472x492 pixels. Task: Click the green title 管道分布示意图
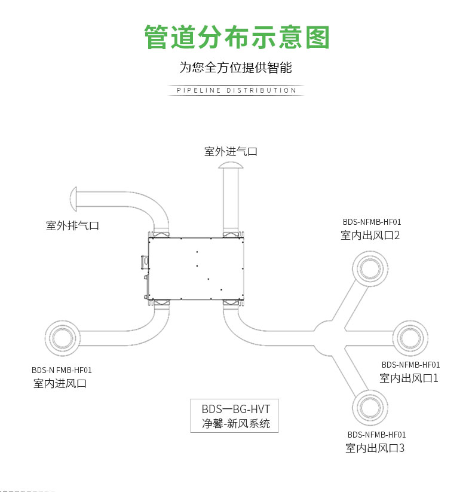[x=237, y=37]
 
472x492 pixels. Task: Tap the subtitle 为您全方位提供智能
[x=236, y=68]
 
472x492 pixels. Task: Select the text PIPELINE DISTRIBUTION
[x=236, y=90]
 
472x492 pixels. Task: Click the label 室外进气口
[x=231, y=152]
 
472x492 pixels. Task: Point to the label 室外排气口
[x=72, y=225]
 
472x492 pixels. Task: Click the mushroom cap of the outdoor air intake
[x=231, y=165]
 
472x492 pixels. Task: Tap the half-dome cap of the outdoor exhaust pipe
[x=73, y=200]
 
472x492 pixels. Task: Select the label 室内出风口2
[x=370, y=235]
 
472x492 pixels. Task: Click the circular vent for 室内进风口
[x=62, y=338]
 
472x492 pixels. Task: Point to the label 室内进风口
[x=60, y=383]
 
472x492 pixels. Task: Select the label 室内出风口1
[x=409, y=378]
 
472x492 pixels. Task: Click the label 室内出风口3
[x=375, y=448]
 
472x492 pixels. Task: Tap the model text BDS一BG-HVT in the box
[x=235, y=410]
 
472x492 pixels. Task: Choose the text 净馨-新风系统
[x=235, y=424]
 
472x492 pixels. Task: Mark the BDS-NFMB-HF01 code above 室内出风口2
[x=372, y=222]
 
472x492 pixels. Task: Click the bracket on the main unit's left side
[x=144, y=263]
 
